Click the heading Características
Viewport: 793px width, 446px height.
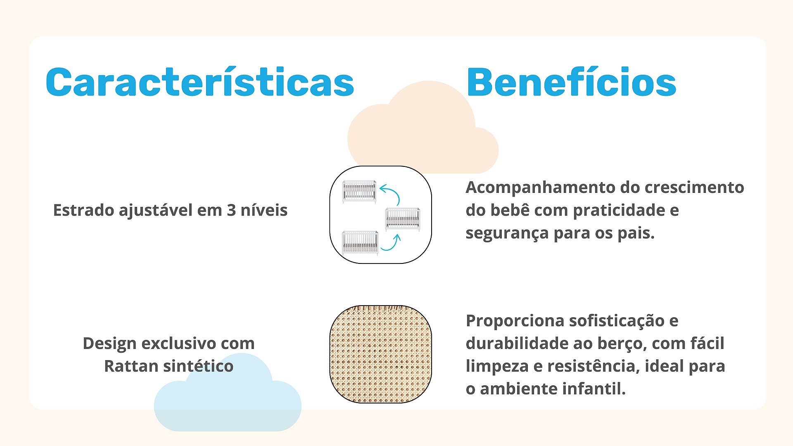pos(200,82)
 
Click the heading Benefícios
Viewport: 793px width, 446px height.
pos(571,82)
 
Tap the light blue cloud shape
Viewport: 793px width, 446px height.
pos(228,396)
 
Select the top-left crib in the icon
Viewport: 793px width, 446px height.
pos(359,192)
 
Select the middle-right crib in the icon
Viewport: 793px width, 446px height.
pos(403,219)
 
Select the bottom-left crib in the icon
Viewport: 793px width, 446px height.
pos(360,243)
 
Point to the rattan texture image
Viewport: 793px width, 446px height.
pos(380,354)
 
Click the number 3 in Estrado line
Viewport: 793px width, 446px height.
pos(231,211)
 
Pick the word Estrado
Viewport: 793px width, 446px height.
pos(84,210)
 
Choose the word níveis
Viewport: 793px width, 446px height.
pos(264,210)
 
